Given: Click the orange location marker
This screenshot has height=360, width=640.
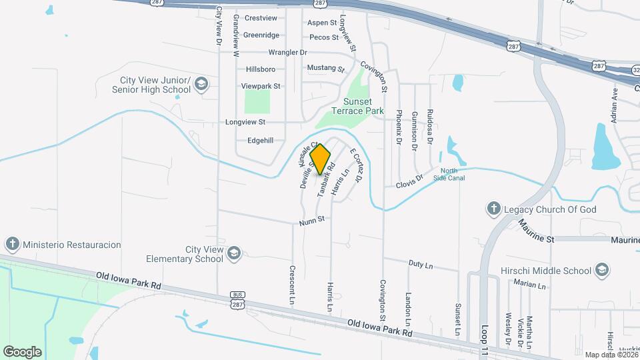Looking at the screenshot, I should click(x=321, y=159).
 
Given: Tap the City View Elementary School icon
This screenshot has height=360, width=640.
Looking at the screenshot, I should click(x=235, y=253).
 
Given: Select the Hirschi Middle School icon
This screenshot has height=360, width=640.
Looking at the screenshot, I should click(x=602, y=270).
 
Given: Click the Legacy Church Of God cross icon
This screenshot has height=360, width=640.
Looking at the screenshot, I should click(x=494, y=209).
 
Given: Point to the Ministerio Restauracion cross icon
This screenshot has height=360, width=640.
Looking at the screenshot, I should click(x=13, y=244).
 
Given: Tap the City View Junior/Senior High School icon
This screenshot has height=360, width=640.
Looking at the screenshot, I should click(x=202, y=84).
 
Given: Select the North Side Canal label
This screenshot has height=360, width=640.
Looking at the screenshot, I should click(x=453, y=175).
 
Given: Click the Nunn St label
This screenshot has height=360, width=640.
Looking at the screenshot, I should click(x=311, y=219).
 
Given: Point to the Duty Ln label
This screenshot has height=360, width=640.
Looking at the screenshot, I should click(x=420, y=265).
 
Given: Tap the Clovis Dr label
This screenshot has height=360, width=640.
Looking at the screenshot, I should click(x=409, y=181).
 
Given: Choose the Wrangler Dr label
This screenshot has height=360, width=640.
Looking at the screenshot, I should click(x=287, y=52).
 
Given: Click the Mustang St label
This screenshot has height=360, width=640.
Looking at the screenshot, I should click(x=325, y=68).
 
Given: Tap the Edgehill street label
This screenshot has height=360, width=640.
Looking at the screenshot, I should click(x=260, y=140).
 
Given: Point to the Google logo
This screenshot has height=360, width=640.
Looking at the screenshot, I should click(x=23, y=351).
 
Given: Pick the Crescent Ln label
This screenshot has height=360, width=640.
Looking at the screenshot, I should click(x=292, y=285).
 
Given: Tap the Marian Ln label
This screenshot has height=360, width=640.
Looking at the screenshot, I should click(x=530, y=284).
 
